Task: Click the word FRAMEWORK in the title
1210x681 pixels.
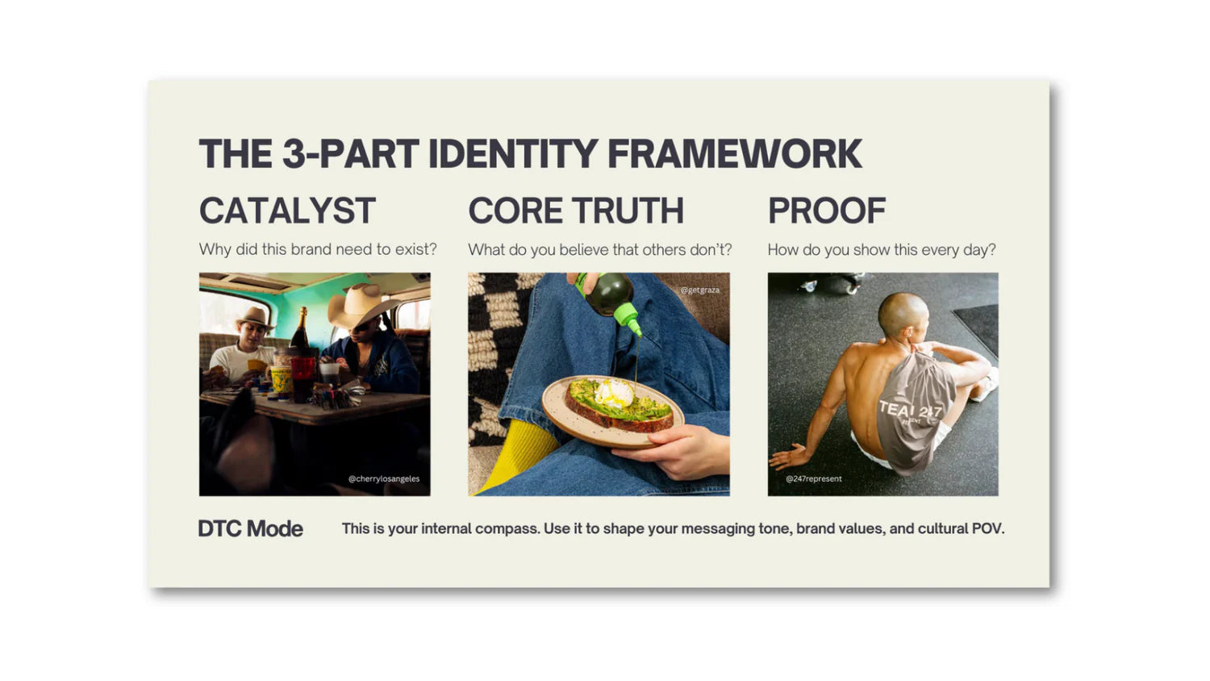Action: click(735, 154)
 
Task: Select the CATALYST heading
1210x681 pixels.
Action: click(287, 211)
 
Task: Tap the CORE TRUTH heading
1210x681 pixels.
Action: click(576, 211)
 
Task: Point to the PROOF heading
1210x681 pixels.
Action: click(827, 211)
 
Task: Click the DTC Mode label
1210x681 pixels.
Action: click(251, 529)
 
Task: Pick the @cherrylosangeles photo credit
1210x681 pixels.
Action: click(383, 478)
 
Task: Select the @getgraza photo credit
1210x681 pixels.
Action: click(700, 290)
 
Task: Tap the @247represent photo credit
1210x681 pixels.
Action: click(813, 478)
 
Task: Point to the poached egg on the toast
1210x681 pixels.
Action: click(614, 393)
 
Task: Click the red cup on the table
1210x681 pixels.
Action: click(302, 378)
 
